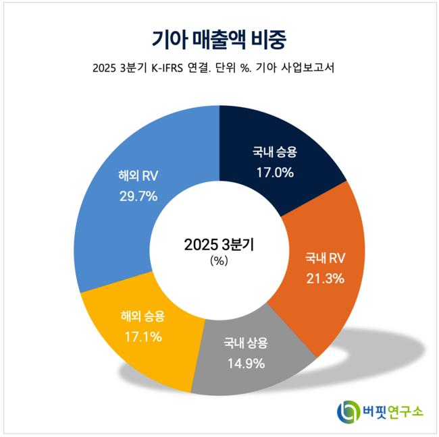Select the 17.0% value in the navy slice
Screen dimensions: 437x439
(274, 172)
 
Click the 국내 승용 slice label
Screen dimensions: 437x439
(274, 152)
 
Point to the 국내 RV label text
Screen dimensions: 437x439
(325, 258)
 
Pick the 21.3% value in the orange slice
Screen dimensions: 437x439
(325, 277)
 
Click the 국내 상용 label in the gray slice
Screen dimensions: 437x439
(246, 343)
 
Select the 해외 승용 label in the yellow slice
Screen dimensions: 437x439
(142, 316)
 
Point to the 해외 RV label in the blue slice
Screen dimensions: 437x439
(136, 177)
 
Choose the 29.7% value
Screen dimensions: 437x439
(136, 196)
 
